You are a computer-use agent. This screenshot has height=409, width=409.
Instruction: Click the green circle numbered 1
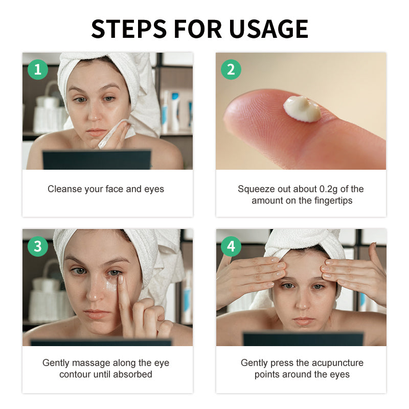(x=37, y=69)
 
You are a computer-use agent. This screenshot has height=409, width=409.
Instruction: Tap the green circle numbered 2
(x=231, y=69)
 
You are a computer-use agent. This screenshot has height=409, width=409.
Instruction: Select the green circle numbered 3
(x=37, y=246)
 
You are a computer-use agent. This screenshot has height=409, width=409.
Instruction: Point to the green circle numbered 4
(x=231, y=246)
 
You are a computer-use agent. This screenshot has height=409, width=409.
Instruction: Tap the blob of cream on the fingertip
(x=302, y=108)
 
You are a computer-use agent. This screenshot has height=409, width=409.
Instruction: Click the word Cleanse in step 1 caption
(x=64, y=189)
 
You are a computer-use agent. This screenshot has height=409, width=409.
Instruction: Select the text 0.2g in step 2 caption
(x=319, y=189)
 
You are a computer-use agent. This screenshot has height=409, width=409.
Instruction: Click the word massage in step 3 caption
(x=88, y=363)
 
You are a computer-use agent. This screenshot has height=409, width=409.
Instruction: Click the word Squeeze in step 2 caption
(x=255, y=189)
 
